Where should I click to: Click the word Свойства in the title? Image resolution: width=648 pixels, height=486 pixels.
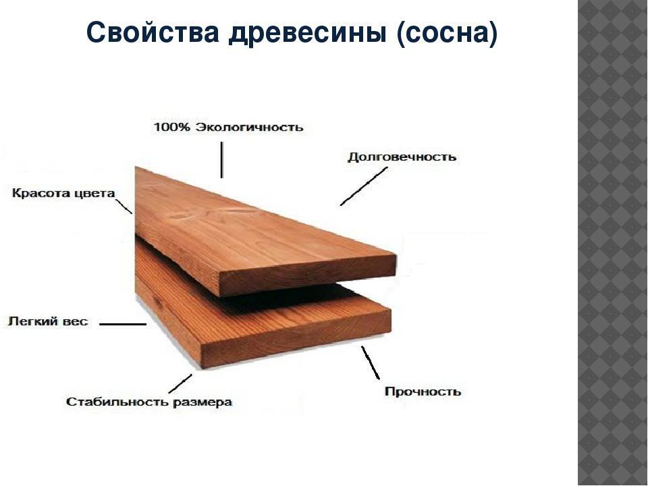pyautogui.click(x=153, y=32)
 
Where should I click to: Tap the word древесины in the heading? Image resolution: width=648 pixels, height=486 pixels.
pyautogui.click(x=308, y=33)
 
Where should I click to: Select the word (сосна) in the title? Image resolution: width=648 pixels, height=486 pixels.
pyautogui.click(x=447, y=33)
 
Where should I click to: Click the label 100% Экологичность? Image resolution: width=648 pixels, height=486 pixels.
pyautogui.click(x=228, y=127)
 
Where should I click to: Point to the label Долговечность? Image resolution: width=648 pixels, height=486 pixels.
pyautogui.click(x=402, y=157)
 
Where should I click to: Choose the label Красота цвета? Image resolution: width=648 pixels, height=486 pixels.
pyautogui.click(x=63, y=194)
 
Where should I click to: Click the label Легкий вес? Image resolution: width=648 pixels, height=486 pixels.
pyautogui.click(x=48, y=321)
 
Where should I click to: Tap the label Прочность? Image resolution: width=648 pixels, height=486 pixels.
pyautogui.click(x=423, y=391)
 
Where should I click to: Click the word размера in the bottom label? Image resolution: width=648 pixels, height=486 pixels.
pyautogui.click(x=202, y=402)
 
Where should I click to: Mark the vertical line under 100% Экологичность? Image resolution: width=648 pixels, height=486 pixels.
pyautogui.click(x=222, y=160)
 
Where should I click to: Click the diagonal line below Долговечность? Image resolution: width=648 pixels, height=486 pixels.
pyautogui.click(x=364, y=186)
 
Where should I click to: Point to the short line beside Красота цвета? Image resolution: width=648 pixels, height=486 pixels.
pyautogui.click(x=124, y=207)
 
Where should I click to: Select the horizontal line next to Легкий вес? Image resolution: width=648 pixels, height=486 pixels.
pyautogui.click(x=123, y=324)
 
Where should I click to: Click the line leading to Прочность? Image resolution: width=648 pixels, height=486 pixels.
pyautogui.click(x=371, y=362)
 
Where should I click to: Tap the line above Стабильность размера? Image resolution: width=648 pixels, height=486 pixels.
pyautogui.click(x=180, y=383)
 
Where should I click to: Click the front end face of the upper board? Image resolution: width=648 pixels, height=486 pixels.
pyautogui.click(x=308, y=275)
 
